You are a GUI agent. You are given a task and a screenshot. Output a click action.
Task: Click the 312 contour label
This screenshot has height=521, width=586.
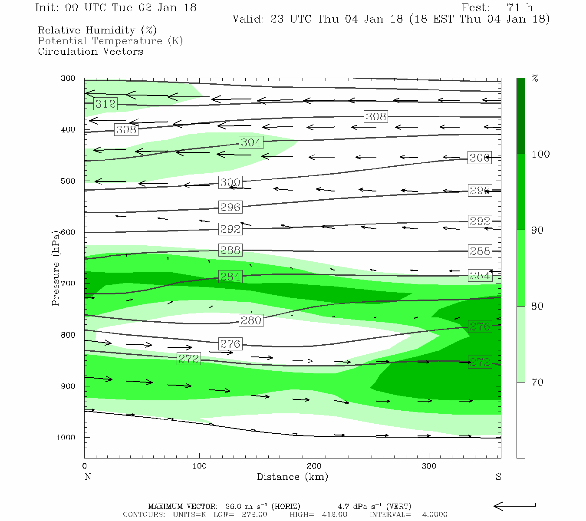coord(105,104)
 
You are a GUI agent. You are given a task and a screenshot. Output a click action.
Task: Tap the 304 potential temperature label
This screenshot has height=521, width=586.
coord(251,142)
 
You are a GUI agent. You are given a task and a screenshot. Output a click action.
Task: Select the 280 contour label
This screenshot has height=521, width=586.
coord(251,320)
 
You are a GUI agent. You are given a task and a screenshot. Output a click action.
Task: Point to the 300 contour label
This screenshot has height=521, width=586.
coord(230,182)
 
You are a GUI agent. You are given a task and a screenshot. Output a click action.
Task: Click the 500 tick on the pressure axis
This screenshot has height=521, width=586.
coord(68,181)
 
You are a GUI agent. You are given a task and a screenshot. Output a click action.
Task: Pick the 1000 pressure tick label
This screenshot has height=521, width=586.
coord(66,438)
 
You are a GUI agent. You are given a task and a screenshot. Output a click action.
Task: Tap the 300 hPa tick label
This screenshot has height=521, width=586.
coord(68,79)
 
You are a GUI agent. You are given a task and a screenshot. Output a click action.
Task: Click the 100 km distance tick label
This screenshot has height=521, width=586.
coord(199,466)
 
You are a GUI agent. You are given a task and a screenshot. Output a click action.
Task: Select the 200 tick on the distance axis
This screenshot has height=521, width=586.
coord(314,466)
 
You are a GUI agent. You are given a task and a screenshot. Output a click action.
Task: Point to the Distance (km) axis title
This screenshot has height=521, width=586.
coord(293,477)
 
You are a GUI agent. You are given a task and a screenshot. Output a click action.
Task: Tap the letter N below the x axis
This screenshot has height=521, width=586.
coord(88,477)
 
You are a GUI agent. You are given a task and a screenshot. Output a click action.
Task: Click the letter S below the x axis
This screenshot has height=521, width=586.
coord(498,477)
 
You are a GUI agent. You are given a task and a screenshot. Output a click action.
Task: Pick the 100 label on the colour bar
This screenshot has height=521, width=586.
coord(540,155)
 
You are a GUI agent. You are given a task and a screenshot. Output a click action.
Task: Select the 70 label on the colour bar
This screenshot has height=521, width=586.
coord(537,383)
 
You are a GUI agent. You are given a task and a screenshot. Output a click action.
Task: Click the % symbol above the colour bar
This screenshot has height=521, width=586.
coord(535,79)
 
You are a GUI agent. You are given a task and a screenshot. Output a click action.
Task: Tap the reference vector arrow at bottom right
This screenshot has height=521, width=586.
coord(514,506)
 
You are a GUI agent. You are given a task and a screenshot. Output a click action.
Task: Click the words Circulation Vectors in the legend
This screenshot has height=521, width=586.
coord(90,52)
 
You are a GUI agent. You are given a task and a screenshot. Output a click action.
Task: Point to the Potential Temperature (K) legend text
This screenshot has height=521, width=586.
coord(110,41)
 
